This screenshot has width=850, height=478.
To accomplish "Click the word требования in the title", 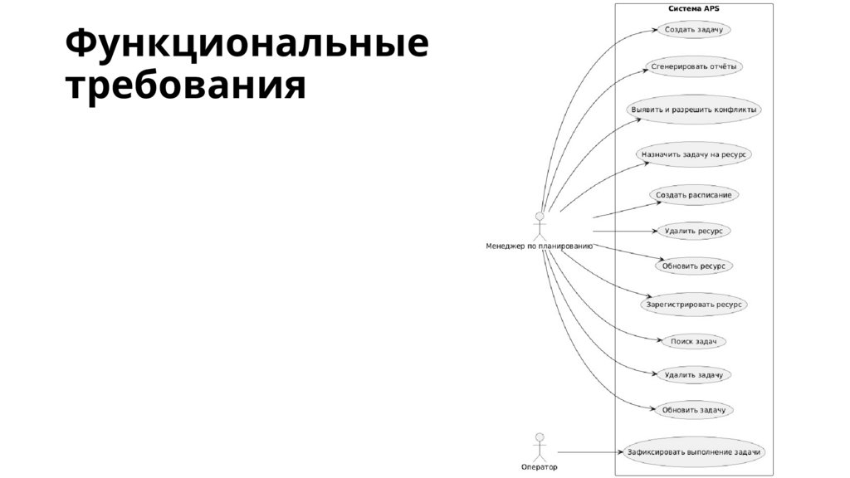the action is pos(186,86).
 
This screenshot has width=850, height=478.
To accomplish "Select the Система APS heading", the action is pos(693,8).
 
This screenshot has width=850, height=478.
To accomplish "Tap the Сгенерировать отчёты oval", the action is pos(693,66).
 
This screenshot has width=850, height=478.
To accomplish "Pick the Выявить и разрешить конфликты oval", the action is pos(694,110).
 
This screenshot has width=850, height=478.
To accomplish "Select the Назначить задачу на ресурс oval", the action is pos(694,154).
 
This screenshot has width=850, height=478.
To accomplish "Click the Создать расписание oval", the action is pos(693,196).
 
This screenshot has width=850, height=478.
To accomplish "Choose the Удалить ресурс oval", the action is pos(693,231).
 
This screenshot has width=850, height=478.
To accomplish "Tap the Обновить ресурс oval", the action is pos(694,266).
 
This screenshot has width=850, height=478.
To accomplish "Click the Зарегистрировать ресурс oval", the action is pos(694,305).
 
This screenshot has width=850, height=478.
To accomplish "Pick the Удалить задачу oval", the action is pos(693,374).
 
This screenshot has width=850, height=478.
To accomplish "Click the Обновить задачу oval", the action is pos(694,410).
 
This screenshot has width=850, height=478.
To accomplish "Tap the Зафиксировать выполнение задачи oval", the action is pos(694,452).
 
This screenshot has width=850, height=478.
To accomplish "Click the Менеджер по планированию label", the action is pos(539,246).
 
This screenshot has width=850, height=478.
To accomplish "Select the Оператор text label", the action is pos(540,467).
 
